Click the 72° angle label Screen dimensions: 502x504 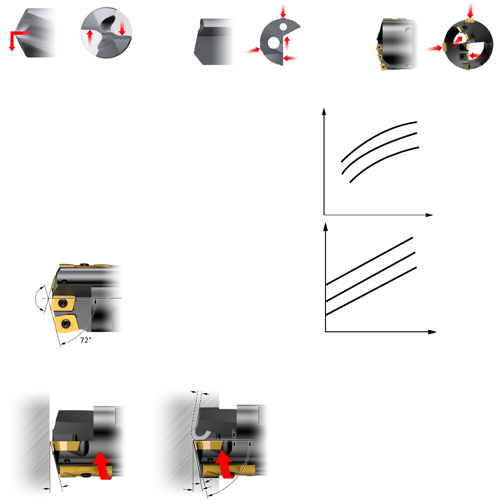86,340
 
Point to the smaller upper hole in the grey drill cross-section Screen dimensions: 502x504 283,26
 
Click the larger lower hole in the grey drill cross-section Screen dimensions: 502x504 273,43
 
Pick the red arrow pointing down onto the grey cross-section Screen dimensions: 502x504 283,10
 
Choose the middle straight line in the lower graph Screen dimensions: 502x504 370,277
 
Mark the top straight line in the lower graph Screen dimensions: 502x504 369,261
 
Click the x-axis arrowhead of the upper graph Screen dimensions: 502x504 429,215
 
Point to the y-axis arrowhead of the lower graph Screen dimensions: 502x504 325,227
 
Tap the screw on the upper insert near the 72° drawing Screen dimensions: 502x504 63,303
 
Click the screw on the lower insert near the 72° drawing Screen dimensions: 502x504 67,324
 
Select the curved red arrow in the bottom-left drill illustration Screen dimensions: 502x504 102,465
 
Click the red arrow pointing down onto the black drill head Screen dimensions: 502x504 471,10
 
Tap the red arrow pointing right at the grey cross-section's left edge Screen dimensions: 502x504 253,50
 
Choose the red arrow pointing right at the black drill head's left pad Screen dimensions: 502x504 434,48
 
